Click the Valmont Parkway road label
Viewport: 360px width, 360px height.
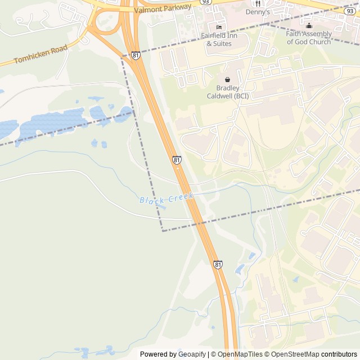[163, 8]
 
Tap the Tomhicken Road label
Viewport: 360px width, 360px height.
[40, 54]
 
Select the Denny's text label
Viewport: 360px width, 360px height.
[258, 12]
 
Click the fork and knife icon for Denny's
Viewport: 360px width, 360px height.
[258, 3]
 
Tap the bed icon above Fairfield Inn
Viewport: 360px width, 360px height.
[219, 26]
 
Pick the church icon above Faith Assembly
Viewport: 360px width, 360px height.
[309, 25]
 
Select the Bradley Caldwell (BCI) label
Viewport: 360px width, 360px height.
[227, 92]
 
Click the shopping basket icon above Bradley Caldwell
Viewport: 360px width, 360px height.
[227, 80]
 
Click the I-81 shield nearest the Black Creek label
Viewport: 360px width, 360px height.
[177, 160]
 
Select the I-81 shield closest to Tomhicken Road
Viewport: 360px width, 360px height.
[136, 55]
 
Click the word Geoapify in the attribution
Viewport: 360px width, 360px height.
[192, 354]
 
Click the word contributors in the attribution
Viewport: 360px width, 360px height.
[339, 354]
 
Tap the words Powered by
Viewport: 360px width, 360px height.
[158, 354]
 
